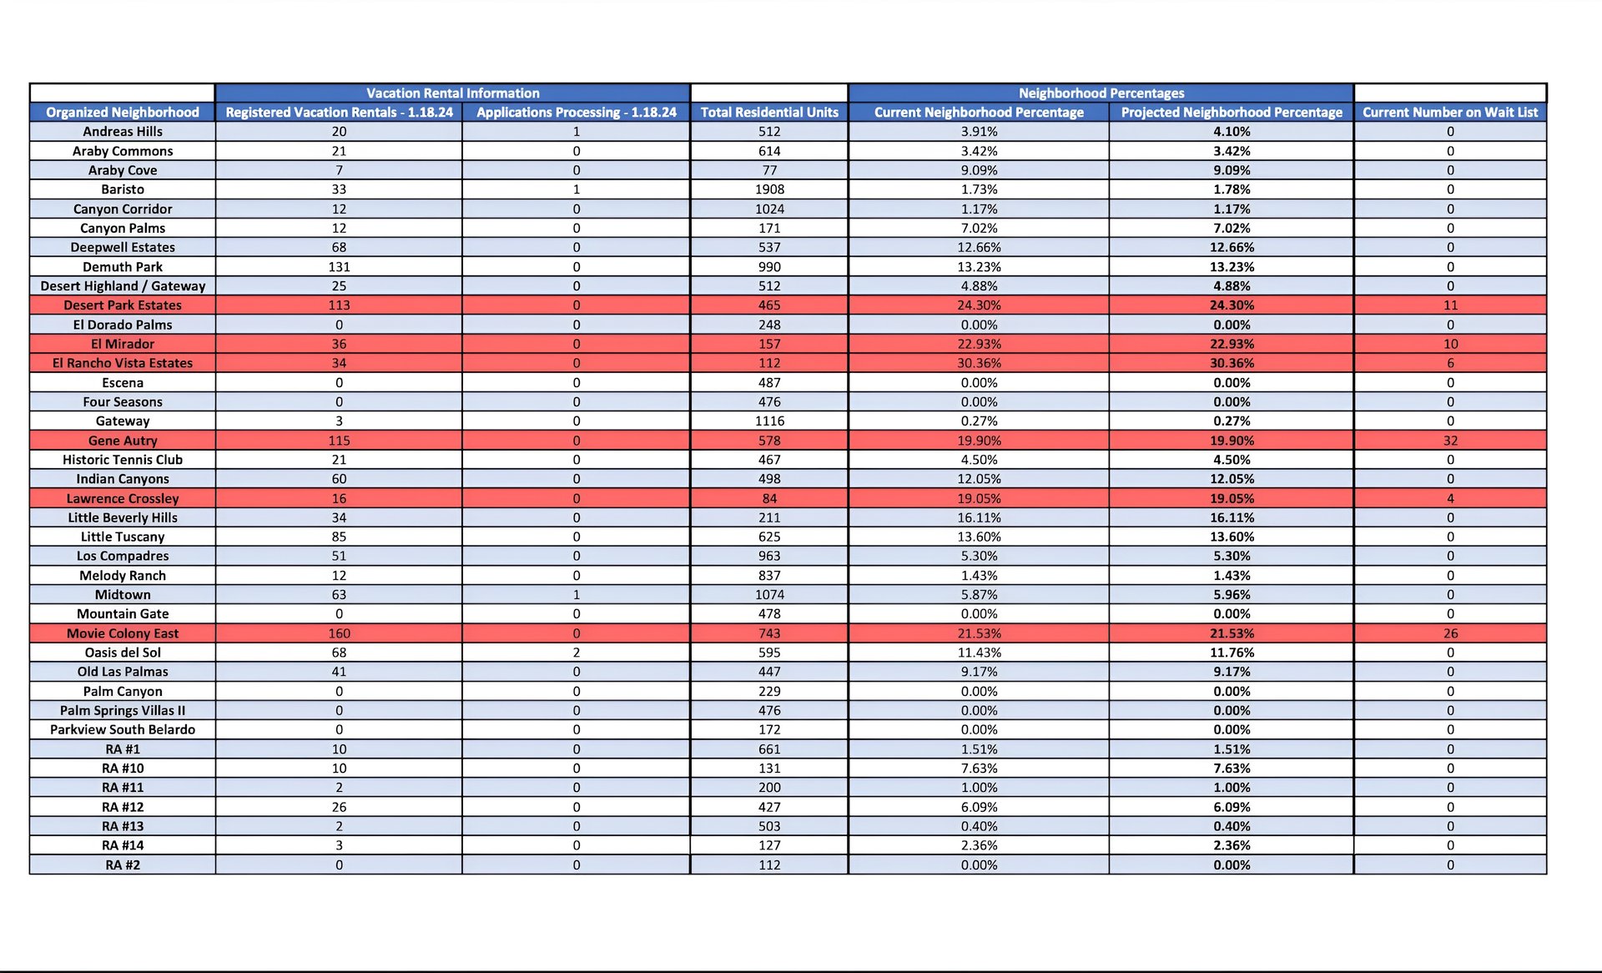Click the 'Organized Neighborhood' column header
point(123,112)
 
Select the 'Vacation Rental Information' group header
point(452,93)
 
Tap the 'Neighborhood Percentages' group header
point(1101,93)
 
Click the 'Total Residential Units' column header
point(769,112)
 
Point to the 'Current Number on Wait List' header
point(1450,112)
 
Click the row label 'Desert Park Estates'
point(123,305)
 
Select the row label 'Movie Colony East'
point(123,633)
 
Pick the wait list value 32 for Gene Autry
point(1450,441)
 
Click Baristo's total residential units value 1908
point(769,189)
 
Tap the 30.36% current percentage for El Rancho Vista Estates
point(979,363)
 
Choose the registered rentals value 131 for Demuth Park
point(339,267)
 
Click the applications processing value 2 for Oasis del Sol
point(576,653)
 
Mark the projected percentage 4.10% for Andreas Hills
point(1232,131)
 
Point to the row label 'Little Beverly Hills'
point(123,517)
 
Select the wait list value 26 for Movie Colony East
point(1450,633)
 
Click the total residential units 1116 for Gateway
point(769,421)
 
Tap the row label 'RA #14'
point(123,845)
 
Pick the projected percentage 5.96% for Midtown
point(1232,595)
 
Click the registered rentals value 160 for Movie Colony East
point(339,633)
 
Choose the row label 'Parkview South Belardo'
point(123,729)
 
